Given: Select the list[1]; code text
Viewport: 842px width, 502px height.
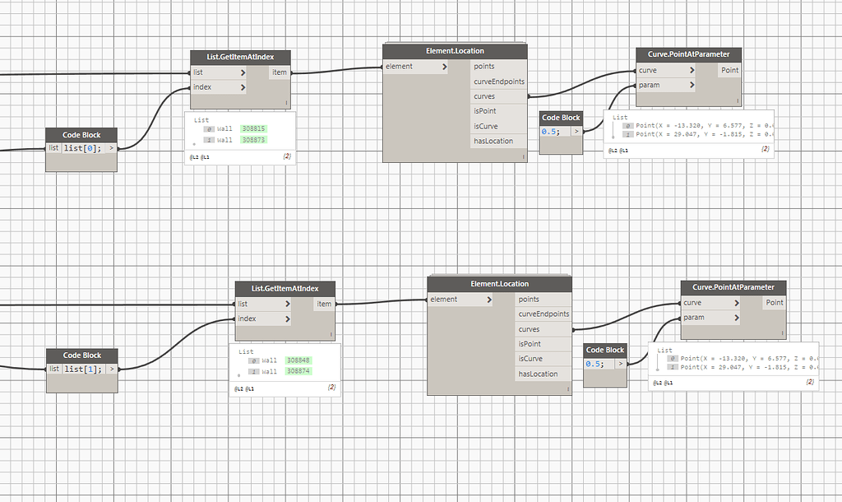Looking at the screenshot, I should click(82, 368).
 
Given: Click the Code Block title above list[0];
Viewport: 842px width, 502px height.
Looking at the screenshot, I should click(81, 135).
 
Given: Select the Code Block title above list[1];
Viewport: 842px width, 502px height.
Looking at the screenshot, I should click(81, 355).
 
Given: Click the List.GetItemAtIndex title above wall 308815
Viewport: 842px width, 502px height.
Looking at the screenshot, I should click(239, 57).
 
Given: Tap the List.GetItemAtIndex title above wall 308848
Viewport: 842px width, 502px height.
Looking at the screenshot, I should click(285, 288).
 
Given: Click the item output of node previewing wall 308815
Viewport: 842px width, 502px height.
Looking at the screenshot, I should click(280, 72).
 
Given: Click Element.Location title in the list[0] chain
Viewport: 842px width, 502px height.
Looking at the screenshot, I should click(455, 51).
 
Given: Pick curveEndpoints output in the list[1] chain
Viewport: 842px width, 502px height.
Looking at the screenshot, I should click(544, 314).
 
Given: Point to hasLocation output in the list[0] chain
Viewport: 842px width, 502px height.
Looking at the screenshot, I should click(493, 141).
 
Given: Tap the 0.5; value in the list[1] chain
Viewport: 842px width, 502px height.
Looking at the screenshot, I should click(594, 364).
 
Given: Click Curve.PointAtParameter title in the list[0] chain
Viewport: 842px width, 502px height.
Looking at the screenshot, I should click(688, 54).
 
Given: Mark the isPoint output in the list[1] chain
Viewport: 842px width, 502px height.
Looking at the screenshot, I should click(530, 344).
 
